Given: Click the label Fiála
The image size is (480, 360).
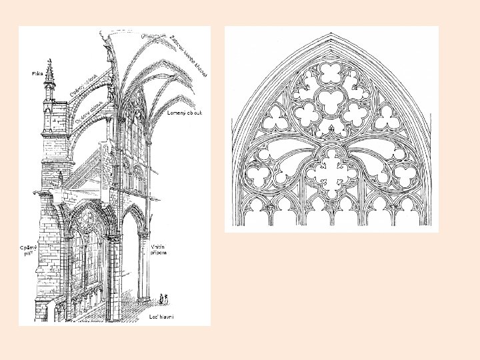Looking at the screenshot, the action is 37,73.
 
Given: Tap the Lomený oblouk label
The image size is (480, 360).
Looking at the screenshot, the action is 185,113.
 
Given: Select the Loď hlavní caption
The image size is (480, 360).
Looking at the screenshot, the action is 161,316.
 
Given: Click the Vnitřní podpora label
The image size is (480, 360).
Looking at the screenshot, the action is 159,250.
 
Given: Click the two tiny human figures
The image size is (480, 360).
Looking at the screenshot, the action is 164,298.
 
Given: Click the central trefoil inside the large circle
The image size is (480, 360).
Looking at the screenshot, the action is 331,99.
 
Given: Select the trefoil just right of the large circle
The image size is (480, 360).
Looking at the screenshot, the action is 391,119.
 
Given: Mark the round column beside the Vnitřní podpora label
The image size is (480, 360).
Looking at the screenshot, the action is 142,267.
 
